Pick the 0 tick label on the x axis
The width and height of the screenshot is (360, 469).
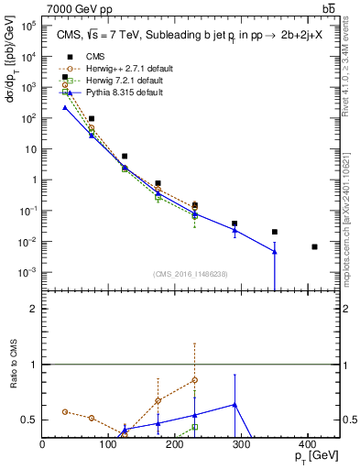(x=43, y=443)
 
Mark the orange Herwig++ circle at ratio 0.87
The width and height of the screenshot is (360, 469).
(x=195, y=379)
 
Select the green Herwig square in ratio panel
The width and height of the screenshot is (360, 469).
(x=195, y=427)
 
